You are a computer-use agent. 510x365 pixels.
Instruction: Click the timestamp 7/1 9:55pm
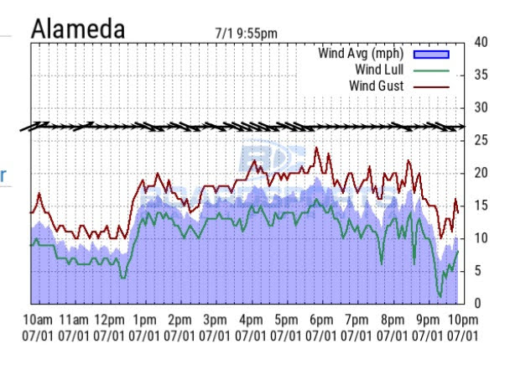246,34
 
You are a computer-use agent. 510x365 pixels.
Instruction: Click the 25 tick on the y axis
481,140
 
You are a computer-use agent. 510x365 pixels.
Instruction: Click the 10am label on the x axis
39,320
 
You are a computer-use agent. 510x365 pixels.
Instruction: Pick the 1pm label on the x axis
145,320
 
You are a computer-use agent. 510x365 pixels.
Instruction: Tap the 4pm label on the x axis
251,320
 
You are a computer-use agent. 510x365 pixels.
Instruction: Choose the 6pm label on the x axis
321,320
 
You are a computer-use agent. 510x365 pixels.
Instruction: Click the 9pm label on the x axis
428,320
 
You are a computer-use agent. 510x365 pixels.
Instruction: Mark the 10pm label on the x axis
462,320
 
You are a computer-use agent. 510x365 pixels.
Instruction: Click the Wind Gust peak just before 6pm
316,149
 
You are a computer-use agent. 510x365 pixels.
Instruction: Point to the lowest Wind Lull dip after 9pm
440,295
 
